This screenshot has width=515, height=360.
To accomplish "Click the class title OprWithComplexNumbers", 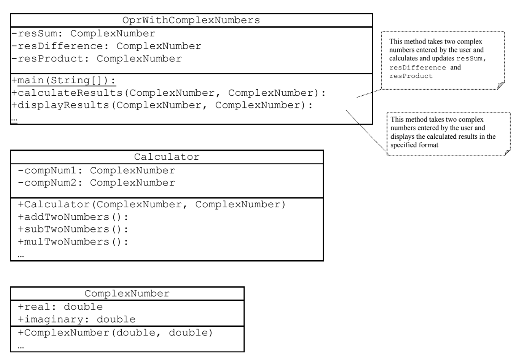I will (x=191, y=21).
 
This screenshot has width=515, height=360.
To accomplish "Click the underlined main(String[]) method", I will (x=63, y=81).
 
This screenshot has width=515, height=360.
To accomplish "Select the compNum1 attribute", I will (x=96, y=171).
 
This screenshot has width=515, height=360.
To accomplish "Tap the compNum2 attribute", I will (x=96, y=183).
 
